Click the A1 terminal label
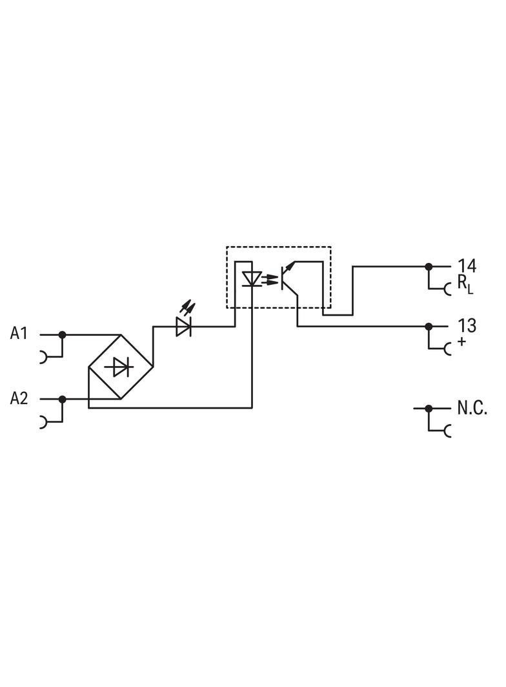pos(19,334)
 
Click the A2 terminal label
pos(19,398)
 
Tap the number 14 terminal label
pos(467,266)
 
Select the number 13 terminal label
pos(467,325)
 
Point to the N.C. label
pos(472,408)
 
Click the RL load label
pos(465,284)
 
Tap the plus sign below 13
pos(461,342)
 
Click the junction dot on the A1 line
pos(62,334)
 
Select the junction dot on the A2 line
pos(62,399)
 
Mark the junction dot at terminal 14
pos(428,266)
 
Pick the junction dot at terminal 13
pos(428,326)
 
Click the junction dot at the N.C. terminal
pos(428,408)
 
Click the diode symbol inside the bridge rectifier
pos(121,367)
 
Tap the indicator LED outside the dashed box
pos(184,327)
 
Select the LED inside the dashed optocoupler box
pos(251,279)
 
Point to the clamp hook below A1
pos(44,356)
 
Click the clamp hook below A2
pos(44,421)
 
